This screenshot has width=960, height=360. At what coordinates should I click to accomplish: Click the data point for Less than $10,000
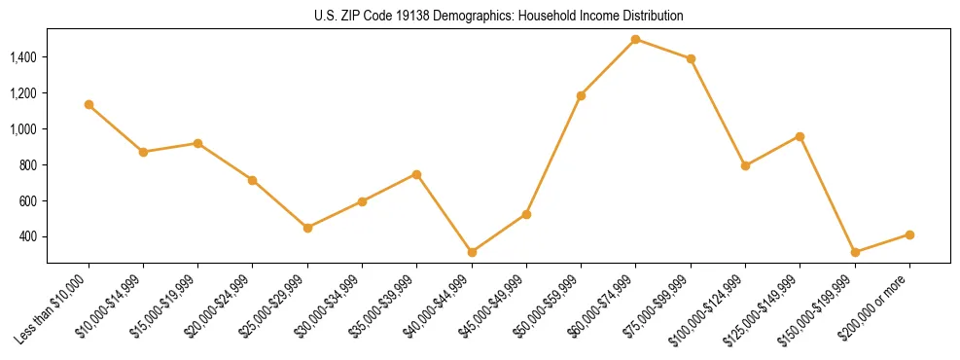[x=89, y=104]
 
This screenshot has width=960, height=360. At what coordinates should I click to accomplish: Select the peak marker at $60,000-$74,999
[x=635, y=39]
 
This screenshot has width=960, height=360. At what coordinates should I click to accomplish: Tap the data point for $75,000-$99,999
[x=691, y=58]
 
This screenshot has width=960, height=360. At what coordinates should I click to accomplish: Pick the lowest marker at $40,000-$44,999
[x=472, y=252]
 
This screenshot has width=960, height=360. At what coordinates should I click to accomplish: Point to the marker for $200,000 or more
[x=909, y=234]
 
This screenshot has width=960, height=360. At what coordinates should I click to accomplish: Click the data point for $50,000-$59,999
[x=581, y=95]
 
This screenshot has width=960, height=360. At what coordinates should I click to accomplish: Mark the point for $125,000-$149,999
[x=800, y=136]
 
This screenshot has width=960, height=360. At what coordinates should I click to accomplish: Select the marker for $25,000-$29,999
[x=307, y=228]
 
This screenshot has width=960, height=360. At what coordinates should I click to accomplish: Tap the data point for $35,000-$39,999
[x=416, y=174]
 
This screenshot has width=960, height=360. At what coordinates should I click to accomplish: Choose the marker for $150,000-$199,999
[x=855, y=252]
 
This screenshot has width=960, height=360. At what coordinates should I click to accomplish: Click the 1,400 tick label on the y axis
[x=22, y=57]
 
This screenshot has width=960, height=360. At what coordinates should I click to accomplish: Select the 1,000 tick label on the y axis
[x=22, y=129]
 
